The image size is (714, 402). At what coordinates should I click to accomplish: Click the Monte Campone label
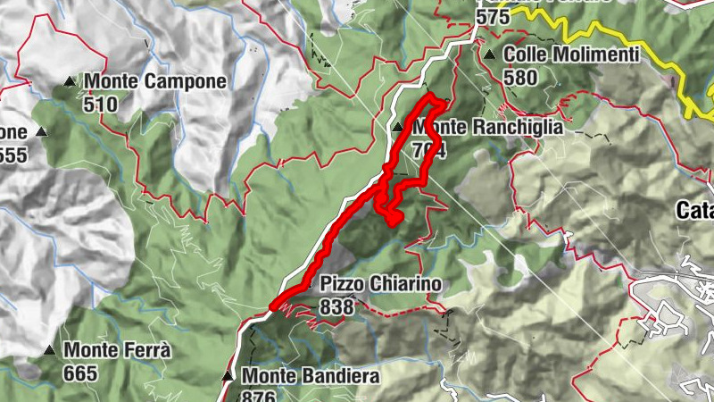(x=155, y=81)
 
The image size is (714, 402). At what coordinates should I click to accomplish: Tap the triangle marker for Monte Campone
(x=70, y=83)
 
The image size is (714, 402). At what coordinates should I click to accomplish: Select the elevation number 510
(x=102, y=104)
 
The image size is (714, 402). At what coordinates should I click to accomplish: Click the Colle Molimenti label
(x=571, y=54)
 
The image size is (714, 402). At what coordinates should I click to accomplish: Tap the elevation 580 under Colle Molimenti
(x=520, y=77)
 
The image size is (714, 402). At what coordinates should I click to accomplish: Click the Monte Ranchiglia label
(x=487, y=127)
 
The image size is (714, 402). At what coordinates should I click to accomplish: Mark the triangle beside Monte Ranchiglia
(x=397, y=128)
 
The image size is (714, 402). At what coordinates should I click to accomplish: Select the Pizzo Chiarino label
(x=381, y=283)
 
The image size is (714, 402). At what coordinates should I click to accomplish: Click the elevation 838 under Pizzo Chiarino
(x=336, y=306)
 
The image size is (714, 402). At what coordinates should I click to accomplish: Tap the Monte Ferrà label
(x=117, y=350)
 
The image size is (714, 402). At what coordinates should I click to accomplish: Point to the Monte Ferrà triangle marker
(x=49, y=350)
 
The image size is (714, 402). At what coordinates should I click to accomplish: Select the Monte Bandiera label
(x=311, y=376)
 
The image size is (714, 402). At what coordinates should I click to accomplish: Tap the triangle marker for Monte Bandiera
(x=228, y=376)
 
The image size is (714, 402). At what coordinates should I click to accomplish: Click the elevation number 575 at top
(x=493, y=16)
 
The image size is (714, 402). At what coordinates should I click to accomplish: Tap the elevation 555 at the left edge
(x=13, y=155)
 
